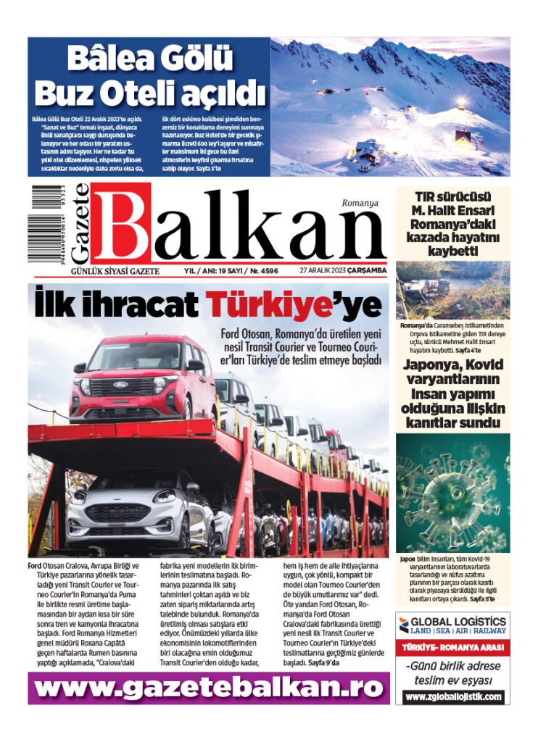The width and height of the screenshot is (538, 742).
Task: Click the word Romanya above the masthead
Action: click(360, 204)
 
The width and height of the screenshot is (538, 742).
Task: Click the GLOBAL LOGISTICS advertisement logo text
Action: click(458, 622)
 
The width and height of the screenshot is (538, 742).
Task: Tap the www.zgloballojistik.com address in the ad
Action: click(452, 697)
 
